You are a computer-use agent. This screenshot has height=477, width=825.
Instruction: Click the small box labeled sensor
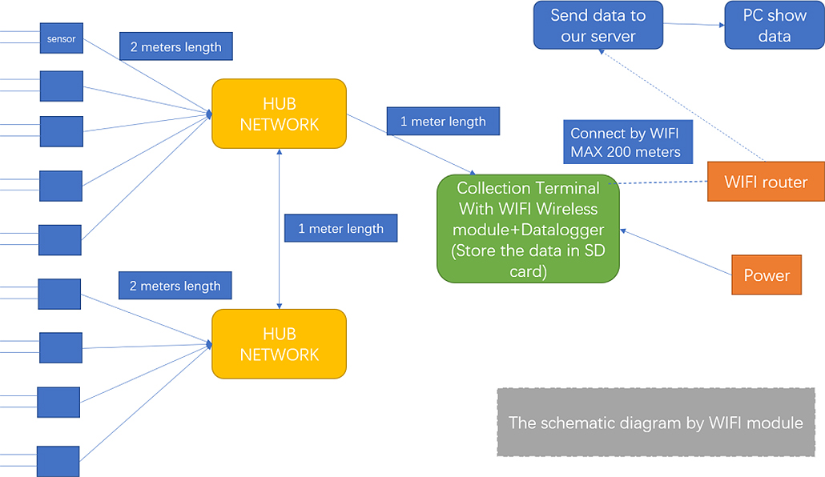(x=62, y=38)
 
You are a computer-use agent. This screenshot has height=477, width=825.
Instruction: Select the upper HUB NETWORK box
(x=279, y=114)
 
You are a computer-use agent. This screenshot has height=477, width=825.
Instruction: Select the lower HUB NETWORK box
(x=279, y=344)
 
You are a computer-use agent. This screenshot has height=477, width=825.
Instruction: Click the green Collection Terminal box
(x=528, y=228)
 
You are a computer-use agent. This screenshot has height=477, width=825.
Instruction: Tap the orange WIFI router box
(x=766, y=182)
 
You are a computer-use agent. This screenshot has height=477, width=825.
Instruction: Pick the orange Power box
(x=767, y=275)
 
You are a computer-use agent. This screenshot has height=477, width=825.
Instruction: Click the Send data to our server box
(x=598, y=26)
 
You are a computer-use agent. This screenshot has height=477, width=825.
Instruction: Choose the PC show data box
(x=774, y=26)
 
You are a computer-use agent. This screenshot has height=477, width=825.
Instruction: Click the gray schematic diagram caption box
(x=655, y=423)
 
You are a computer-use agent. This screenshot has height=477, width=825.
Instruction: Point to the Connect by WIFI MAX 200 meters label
(x=626, y=142)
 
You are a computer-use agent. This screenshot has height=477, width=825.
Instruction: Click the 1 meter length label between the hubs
(x=340, y=229)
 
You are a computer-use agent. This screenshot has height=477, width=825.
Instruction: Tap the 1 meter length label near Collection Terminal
(x=443, y=122)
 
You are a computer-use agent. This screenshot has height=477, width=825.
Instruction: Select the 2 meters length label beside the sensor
(x=175, y=46)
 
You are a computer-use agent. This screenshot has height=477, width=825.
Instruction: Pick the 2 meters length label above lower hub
(x=175, y=286)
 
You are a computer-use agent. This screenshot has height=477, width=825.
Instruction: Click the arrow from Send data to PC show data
(x=694, y=25)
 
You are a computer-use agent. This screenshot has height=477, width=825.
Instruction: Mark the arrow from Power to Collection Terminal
(x=677, y=252)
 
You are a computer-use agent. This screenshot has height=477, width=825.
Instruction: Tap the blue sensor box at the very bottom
(x=58, y=461)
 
